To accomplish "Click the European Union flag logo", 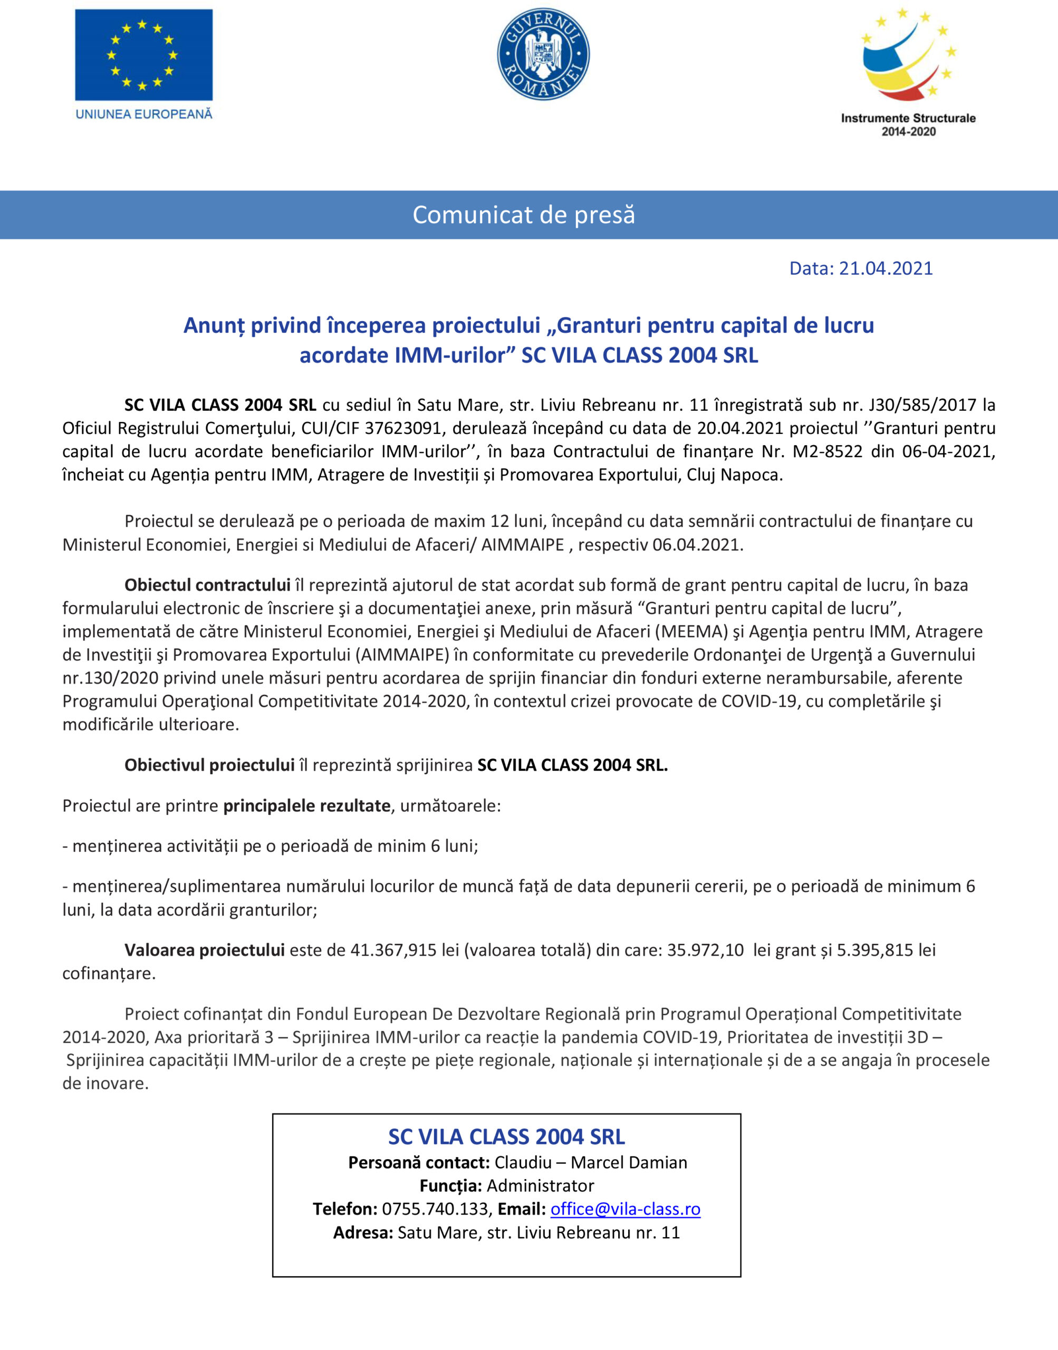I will [x=143, y=54].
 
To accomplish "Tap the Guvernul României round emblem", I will [x=543, y=54].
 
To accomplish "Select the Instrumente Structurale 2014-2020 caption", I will [x=908, y=124].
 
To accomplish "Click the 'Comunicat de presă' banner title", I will [x=524, y=215].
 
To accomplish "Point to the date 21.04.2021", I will [x=886, y=268].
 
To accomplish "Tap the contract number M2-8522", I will [x=828, y=451].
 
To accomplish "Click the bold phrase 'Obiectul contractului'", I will [x=207, y=585].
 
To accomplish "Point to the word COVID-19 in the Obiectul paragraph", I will [x=760, y=701].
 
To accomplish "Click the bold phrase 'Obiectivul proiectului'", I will [x=209, y=765].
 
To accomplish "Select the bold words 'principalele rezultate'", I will [x=306, y=806].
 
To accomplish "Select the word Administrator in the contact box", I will [x=540, y=1185].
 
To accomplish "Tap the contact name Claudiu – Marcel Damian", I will [x=591, y=1162].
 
